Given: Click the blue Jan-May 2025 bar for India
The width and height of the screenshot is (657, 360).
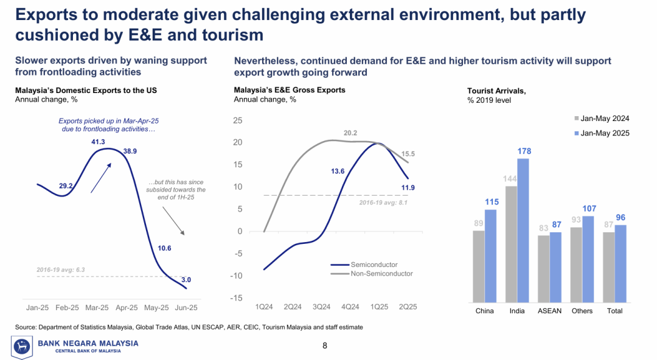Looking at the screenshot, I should [523, 230].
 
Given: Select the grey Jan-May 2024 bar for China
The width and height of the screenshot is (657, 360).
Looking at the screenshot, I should [479, 266].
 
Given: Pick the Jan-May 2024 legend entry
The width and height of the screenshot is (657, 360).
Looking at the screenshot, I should [600, 119].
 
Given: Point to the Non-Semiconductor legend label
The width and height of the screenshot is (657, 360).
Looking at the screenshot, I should [381, 274].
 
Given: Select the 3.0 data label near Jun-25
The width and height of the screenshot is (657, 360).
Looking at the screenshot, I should [186, 280].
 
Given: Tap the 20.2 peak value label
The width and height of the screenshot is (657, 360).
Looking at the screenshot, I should [350, 133].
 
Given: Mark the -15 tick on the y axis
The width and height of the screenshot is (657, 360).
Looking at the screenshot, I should [237, 298].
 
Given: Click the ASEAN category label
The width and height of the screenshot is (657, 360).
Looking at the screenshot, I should [549, 311].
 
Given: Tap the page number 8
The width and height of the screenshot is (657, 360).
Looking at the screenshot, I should [325, 346].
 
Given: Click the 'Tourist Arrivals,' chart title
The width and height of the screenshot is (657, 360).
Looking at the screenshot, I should [496, 91].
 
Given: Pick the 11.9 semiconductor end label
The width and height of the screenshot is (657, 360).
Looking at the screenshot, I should [408, 187].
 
